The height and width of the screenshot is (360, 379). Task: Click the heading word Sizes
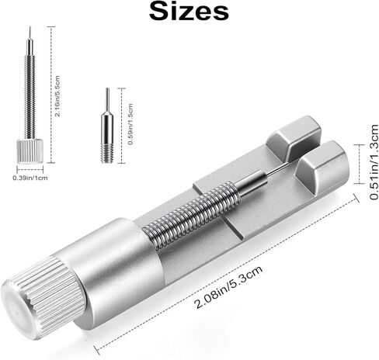pyautogui.click(x=189, y=12)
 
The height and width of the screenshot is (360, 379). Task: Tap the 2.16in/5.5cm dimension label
pyautogui.click(x=57, y=96)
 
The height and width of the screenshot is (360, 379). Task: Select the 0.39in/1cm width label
pyautogui.click(x=30, y=178)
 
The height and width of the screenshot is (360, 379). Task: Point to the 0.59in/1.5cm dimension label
pyautogui.click(x=130, y=124)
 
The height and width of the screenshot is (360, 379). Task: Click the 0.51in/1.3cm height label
pyautogui.click(x=374, y=162)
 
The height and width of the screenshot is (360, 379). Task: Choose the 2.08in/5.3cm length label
pyautogui.click(x=229, y=287)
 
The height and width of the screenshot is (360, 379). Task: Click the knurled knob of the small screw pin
pyautogui.click(x=30, y=151)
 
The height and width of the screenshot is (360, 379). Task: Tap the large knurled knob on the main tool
pyautogui.click(x=43, y=296)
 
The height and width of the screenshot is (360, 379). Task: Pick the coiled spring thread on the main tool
pyautogui.click(x=190, y=209)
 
